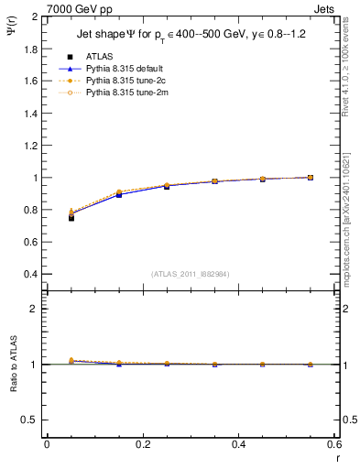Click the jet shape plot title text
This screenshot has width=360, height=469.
(x=189, y=36)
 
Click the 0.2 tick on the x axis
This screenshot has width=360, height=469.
(x=142, y=444)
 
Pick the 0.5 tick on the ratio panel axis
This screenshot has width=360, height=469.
(x=29, y=420)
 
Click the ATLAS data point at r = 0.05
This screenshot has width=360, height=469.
(x=71, y=217)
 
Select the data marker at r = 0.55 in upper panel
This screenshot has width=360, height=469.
(x=310, y=178)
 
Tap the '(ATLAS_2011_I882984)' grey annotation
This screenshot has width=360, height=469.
(x=190, y=275)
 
